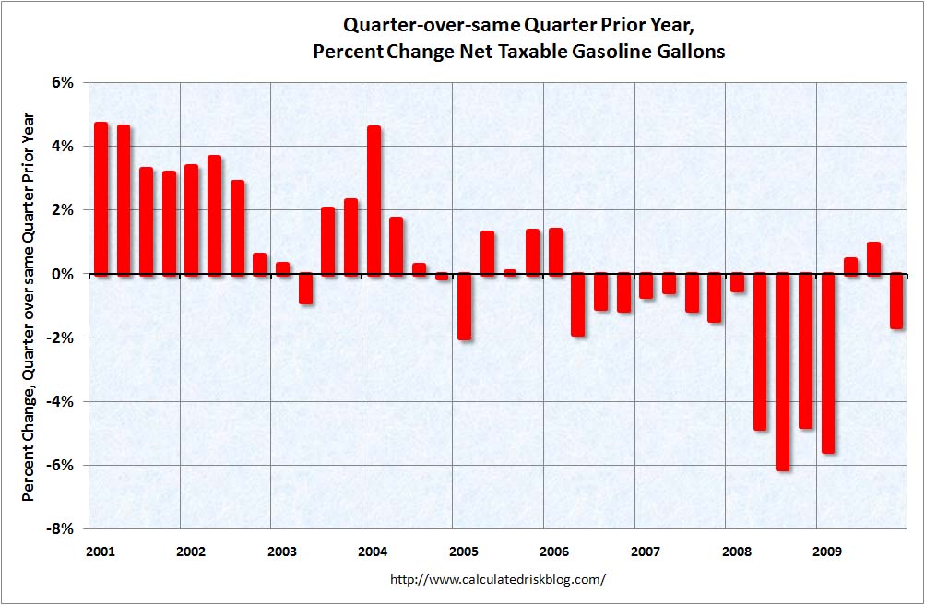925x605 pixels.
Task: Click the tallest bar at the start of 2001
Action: click(x=101, y=198)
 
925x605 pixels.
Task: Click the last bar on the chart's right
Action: click(x=895, y=301)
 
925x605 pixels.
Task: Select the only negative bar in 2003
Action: click(x=305, y=289)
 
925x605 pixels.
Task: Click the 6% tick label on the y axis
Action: click(x=62, y=82)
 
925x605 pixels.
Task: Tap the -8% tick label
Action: click(x=60, y=529)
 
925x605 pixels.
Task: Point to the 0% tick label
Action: click(x=62, y=274)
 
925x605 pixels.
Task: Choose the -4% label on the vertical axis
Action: click(x=60, y=402)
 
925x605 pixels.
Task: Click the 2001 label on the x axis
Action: click(x=101, y=552)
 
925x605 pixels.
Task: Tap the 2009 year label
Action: click(x=827, y=552)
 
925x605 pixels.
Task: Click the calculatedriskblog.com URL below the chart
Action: click(x=498, y=579)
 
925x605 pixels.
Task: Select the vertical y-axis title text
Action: click(x=29, y=305)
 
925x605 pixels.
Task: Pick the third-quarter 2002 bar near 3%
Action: click(x=237, y=227)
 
